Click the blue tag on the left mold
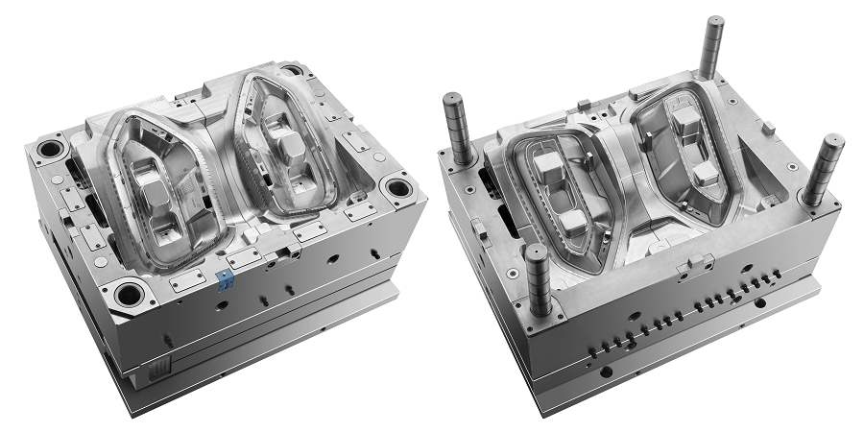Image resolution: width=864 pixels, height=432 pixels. coord(226,279)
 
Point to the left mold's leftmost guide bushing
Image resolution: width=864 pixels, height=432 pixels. coord(45,151)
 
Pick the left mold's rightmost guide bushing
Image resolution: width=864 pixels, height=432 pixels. coord(393,185)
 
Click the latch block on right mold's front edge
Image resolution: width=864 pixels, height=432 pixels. coord(694,263)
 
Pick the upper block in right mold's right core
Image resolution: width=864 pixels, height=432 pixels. coord(685,120)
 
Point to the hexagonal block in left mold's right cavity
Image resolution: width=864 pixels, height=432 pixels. coord(289,146)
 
